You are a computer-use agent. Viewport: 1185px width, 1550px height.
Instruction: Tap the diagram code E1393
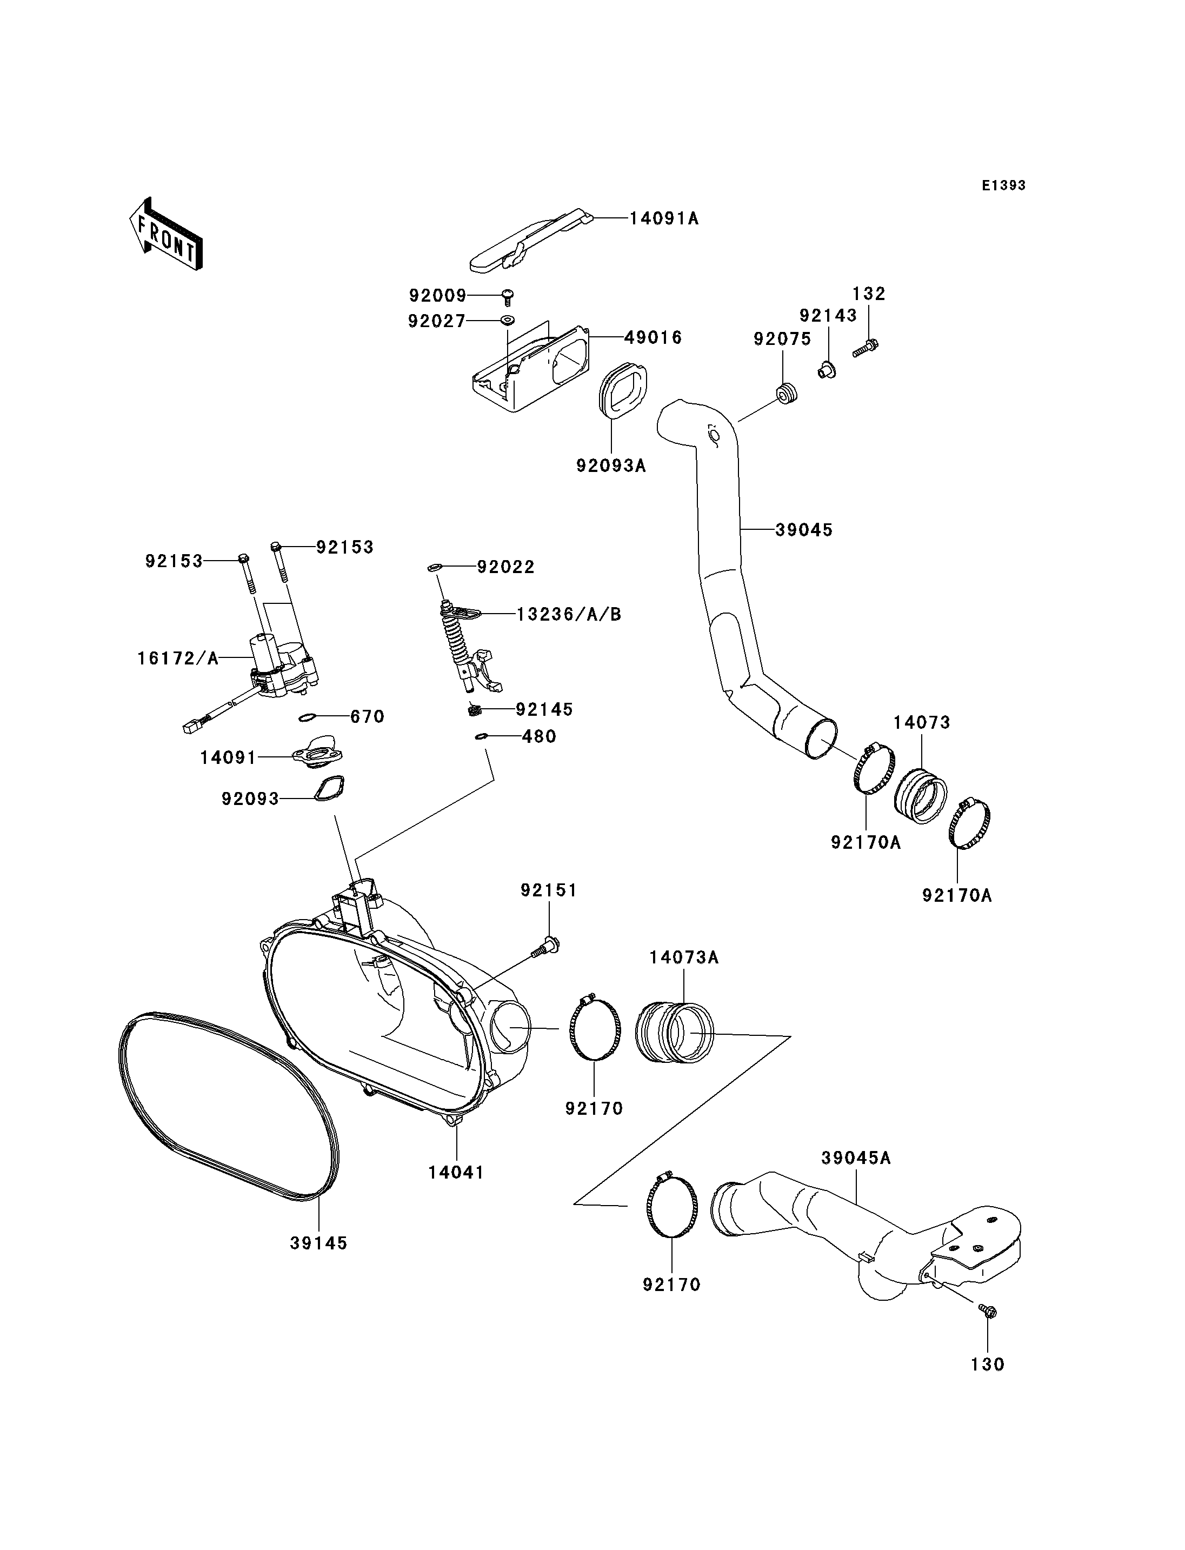[1004, 185]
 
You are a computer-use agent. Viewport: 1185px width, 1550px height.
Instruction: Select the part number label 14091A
[664, 219]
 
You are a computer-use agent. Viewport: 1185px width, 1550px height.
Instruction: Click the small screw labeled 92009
[507, 296]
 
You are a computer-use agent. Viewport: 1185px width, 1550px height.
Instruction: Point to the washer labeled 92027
[507, 321]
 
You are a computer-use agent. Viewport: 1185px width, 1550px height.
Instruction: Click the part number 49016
[653, 337]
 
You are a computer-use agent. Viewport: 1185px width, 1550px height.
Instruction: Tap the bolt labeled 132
[865, 347]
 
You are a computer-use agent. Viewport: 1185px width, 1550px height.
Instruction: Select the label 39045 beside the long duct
[804, 530]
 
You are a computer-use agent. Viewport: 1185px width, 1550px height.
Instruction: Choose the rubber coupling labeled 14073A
[674, 1034]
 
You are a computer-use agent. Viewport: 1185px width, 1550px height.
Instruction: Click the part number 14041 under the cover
[456, 1173]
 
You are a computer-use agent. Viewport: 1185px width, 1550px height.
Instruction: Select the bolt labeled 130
[988, 1312]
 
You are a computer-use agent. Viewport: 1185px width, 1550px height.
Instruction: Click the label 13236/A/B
[569, 615]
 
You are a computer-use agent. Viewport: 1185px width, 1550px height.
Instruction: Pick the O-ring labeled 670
[306, 717]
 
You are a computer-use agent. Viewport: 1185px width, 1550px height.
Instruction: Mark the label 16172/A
[178, 659]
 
